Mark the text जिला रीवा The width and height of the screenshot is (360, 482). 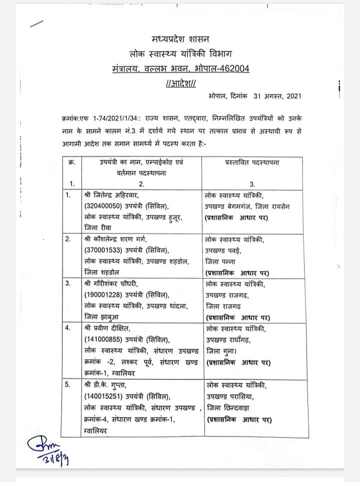(x=95, y=227)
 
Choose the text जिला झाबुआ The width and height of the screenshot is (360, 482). (x=97, y=317)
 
